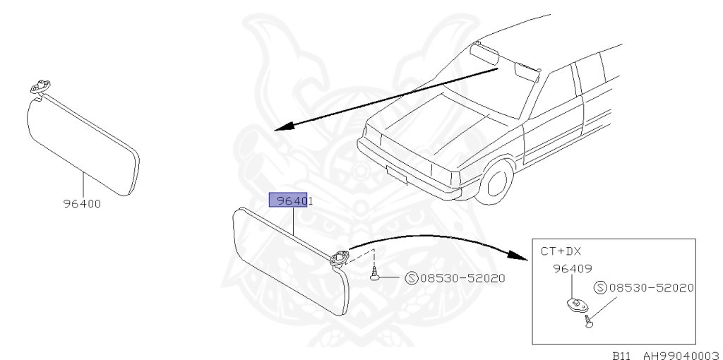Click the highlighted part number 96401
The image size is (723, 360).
[x=292, y=200]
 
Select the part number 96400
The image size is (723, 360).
[x=81, y=205]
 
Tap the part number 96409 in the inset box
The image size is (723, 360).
[x=572, y=268]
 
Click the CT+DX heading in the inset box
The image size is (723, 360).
[x=561, y=251]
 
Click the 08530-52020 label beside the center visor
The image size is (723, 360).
[x=462, y=278]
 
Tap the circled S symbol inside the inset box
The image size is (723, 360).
[x=601, y=288]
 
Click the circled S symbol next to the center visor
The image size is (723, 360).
[x=412, y=278]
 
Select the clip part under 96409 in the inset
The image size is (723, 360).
[x=575, y=305]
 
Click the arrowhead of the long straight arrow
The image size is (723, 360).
[x=282, y=128]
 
